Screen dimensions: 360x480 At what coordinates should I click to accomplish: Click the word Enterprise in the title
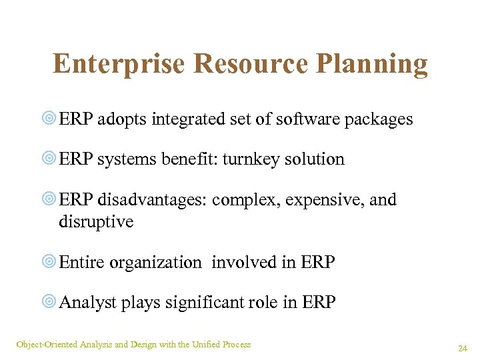tap(118, 64)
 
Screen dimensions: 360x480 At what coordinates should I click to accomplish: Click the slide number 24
tap(462, 348)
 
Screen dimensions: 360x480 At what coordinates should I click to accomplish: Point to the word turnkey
tap(251, 160)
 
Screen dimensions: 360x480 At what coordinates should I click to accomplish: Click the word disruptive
tap(96, 221)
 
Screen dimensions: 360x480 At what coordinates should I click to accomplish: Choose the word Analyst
tap(87, 303)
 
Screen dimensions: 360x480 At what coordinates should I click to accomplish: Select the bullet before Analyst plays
tap(49, 303)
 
